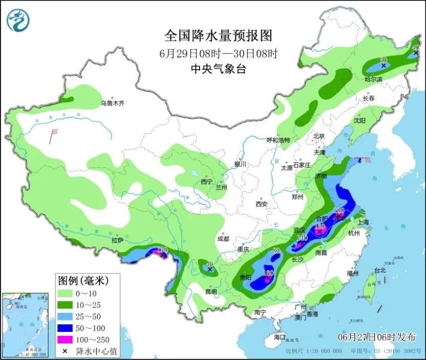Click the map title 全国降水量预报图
click(x=218, y=36)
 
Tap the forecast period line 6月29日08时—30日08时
click(x=218, y=53)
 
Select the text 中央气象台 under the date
click(x=218, y=69)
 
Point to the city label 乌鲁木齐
click(x=112, y=103)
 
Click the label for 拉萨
click(x=117, y=240)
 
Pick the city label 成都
click(x=223, y=239)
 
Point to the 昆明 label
click(x=211, y=291)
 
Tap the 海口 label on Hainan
click(x=279, y=337)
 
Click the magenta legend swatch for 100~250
click(x=65, y=338)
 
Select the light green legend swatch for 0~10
click(x=65, y=294)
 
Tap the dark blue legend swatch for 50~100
click(x=65, y=327)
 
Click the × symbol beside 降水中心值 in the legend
click(x=65, y=351)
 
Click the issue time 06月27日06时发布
click(x=377, y=336)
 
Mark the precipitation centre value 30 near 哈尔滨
click(x=383, y=60)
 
